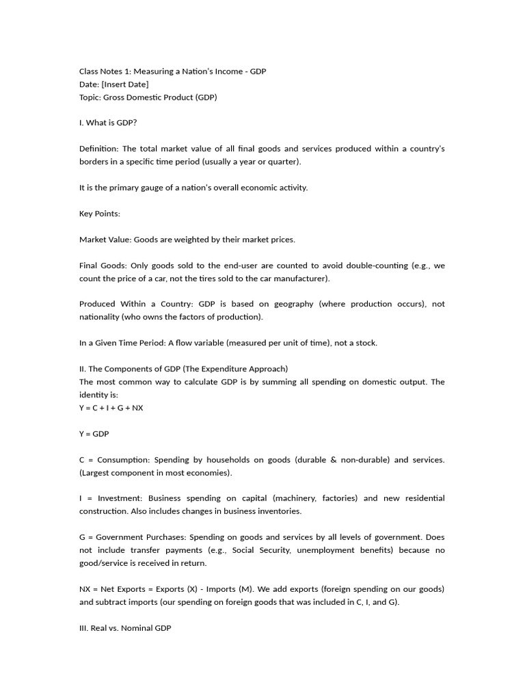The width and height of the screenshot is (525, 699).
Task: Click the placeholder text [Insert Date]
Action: click(x=125, y=84)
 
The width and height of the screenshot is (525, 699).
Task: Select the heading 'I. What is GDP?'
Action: click(x=108, y=123)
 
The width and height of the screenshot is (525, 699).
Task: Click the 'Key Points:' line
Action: click(x=100, y=214)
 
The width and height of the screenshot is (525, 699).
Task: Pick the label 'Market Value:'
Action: click(x=105, y=240)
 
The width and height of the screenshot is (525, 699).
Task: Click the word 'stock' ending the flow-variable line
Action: click(x=365, y=343)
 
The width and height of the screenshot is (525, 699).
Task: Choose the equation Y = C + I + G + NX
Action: click(x=111, y=408)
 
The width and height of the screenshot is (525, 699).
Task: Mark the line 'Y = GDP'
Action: click(x=94, y=433)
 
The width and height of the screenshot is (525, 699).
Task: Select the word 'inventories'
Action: click(x=278, y=511)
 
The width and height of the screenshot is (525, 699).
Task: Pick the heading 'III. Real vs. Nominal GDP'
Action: click(x=125, y=628)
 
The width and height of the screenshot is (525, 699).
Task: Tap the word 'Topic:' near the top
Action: click(x=91, y=97)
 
